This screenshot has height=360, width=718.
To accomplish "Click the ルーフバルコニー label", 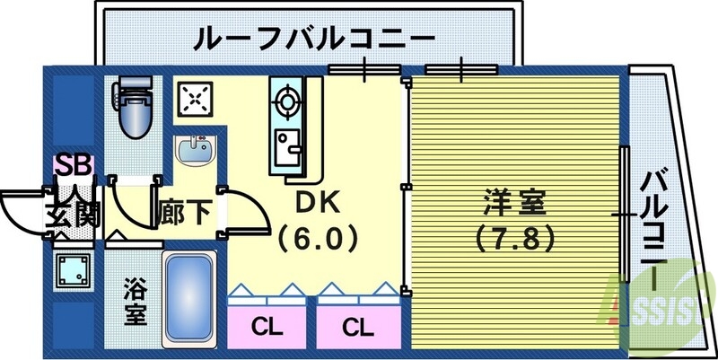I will (313, 40).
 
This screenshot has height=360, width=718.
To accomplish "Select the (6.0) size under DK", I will (317, 239).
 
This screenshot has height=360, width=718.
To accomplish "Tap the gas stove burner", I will (287, 100).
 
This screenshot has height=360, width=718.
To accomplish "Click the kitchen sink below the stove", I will (287, 144).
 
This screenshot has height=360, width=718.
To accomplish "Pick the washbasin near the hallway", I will (194, 150).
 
